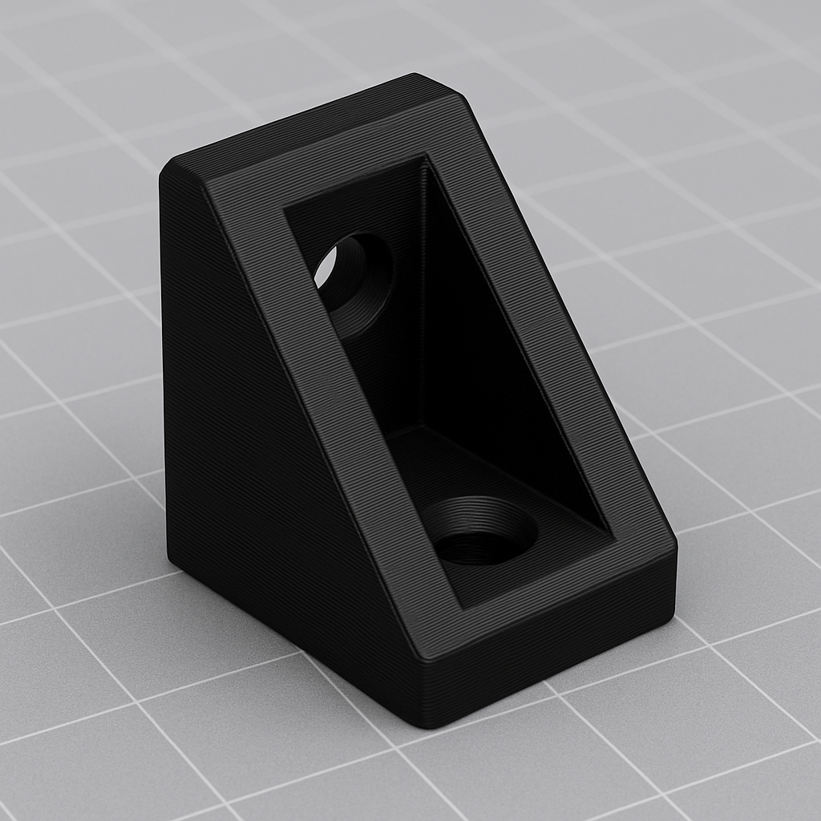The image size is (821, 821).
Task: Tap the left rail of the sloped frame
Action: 321,385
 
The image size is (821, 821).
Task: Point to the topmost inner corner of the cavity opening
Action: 423,157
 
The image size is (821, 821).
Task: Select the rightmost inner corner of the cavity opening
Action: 613,532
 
